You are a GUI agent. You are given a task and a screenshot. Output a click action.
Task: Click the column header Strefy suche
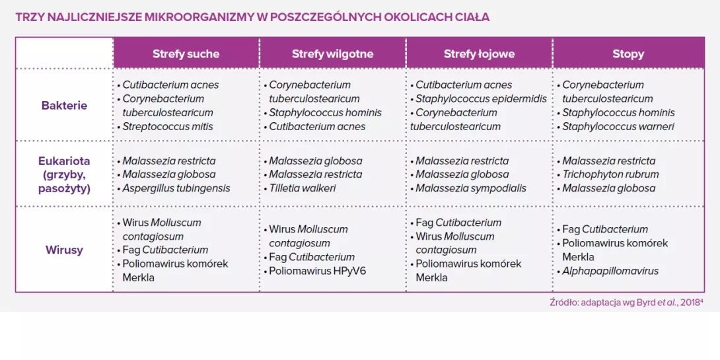(186, 54)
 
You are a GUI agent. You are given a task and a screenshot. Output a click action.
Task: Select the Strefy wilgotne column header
(332, 54)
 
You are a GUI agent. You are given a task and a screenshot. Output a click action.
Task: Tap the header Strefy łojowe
(479, 54)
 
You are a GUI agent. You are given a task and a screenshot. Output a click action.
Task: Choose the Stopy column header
(628, 54)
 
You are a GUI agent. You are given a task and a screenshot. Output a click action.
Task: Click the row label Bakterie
(64, 106)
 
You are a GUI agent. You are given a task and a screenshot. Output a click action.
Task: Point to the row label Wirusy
(64, 250)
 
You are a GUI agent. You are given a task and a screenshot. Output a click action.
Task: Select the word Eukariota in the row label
(64, 161)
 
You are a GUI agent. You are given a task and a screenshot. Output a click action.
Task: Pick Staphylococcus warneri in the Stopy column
(618, 127)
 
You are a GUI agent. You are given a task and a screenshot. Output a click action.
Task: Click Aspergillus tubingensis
(176, 188)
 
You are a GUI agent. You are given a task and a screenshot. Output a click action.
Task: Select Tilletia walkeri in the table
(303, 188)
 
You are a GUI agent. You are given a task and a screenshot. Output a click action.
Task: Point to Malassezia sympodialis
(470, 188)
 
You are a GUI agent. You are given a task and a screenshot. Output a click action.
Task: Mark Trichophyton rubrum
(610, 174)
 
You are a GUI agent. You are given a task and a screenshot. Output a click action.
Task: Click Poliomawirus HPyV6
(317, 271)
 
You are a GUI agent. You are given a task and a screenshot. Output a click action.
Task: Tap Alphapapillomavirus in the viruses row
(610, 271)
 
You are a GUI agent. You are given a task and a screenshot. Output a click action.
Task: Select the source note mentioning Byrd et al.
(626, 303)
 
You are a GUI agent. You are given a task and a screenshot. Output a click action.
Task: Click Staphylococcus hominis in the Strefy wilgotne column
(325, 113)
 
